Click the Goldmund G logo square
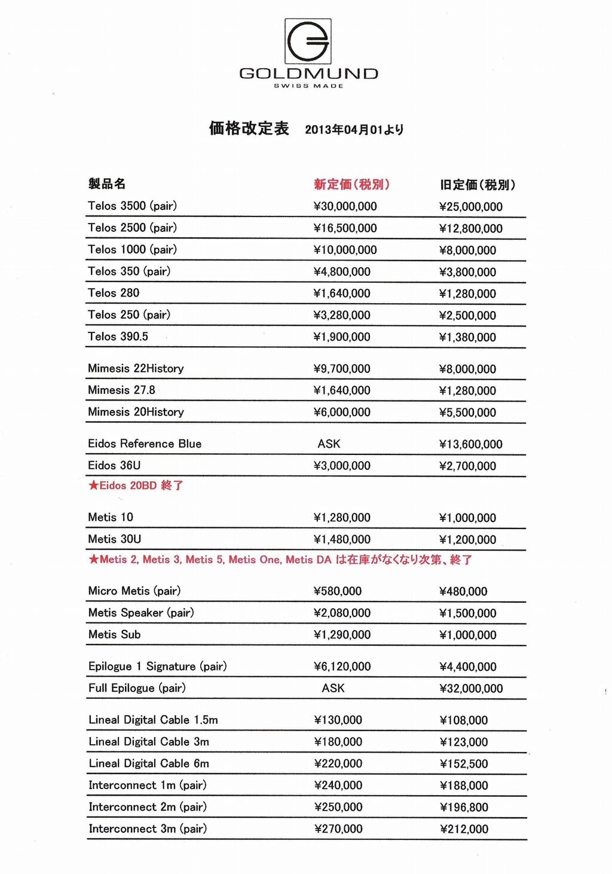308,41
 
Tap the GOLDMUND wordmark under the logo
308,74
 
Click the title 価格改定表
249,128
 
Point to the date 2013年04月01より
354,129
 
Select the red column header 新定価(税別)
351,184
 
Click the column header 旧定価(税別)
477,185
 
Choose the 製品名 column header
107,184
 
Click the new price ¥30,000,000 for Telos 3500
345,206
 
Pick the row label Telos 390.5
118,337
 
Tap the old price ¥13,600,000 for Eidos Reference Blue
470,444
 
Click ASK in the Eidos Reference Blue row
329,444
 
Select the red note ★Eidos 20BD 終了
136,485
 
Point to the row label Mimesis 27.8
121,390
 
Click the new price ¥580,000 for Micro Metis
338,591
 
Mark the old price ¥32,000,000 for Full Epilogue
471,689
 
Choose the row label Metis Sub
114,634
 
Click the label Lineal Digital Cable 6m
149,763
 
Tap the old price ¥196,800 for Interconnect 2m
464,808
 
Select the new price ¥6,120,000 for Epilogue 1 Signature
342,667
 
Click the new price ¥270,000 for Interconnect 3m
338,829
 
